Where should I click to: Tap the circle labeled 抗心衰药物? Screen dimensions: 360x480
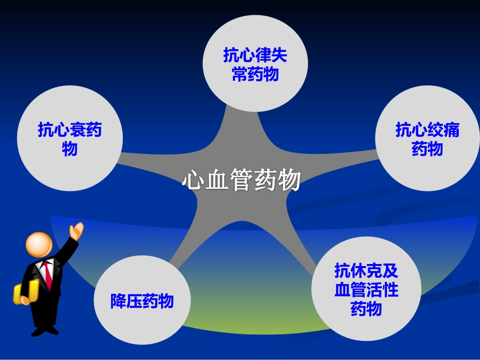click(70, 139)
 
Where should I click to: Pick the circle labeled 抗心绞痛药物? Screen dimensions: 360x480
click(427, 139)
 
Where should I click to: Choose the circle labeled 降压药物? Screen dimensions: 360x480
click(142, 302)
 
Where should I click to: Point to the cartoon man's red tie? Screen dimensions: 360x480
click(48, 275)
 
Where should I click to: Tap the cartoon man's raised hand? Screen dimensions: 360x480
click(76, 231)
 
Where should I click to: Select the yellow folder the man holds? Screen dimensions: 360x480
click(25, 293)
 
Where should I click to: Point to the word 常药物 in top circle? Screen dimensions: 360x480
click(255, 75)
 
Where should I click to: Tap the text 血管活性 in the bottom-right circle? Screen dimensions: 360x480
click(366, 290)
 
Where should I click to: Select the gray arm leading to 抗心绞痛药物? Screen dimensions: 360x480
click(344, 162)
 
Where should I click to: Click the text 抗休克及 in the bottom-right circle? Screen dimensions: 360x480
click(366, 271)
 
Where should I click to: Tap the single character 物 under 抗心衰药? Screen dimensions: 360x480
click(70, 149)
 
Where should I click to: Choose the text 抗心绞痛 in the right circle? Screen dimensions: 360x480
click(427, 130)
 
